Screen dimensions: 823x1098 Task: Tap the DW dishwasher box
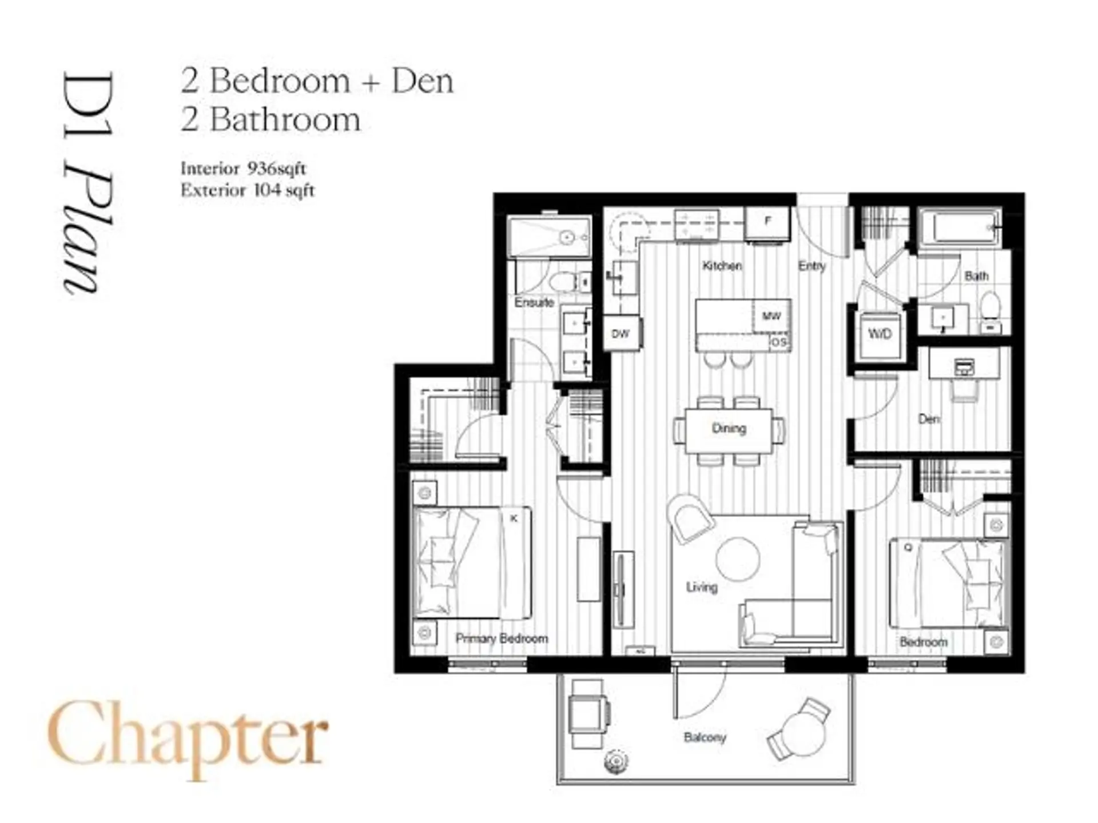pos(620,334)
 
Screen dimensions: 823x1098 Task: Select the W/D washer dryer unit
pos(880,334)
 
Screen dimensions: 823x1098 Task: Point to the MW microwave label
pos(771,316)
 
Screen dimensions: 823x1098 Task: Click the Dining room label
pos(729,428)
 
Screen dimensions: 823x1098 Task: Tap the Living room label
pos(701,587)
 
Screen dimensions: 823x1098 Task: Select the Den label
pos(929,419)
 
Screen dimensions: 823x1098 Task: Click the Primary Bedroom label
pos(502,638)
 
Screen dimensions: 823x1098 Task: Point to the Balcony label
pos(705,737)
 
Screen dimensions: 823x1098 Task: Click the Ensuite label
pos(534,302)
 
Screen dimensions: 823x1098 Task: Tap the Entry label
pos(811,266)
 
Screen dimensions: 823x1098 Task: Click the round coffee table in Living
pos(738,559)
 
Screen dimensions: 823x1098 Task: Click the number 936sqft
pos(277,169)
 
